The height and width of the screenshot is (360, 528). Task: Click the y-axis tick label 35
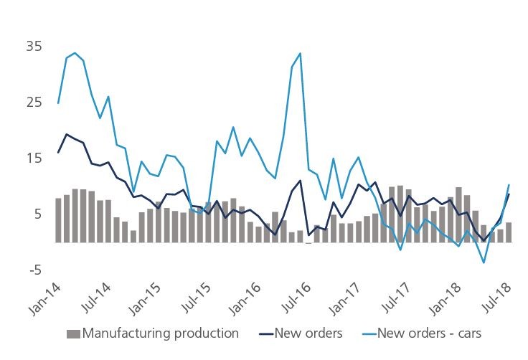coord(34,47)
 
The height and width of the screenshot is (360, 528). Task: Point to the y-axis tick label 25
coord(34,103)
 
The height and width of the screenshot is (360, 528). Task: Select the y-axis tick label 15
coord(34,158)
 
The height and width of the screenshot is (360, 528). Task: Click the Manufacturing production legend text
coord(160,333)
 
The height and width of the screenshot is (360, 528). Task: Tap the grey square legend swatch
coord(72,333)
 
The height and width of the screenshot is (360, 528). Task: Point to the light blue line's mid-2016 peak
coord(300,53)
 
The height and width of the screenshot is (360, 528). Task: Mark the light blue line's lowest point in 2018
coord(484,262)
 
